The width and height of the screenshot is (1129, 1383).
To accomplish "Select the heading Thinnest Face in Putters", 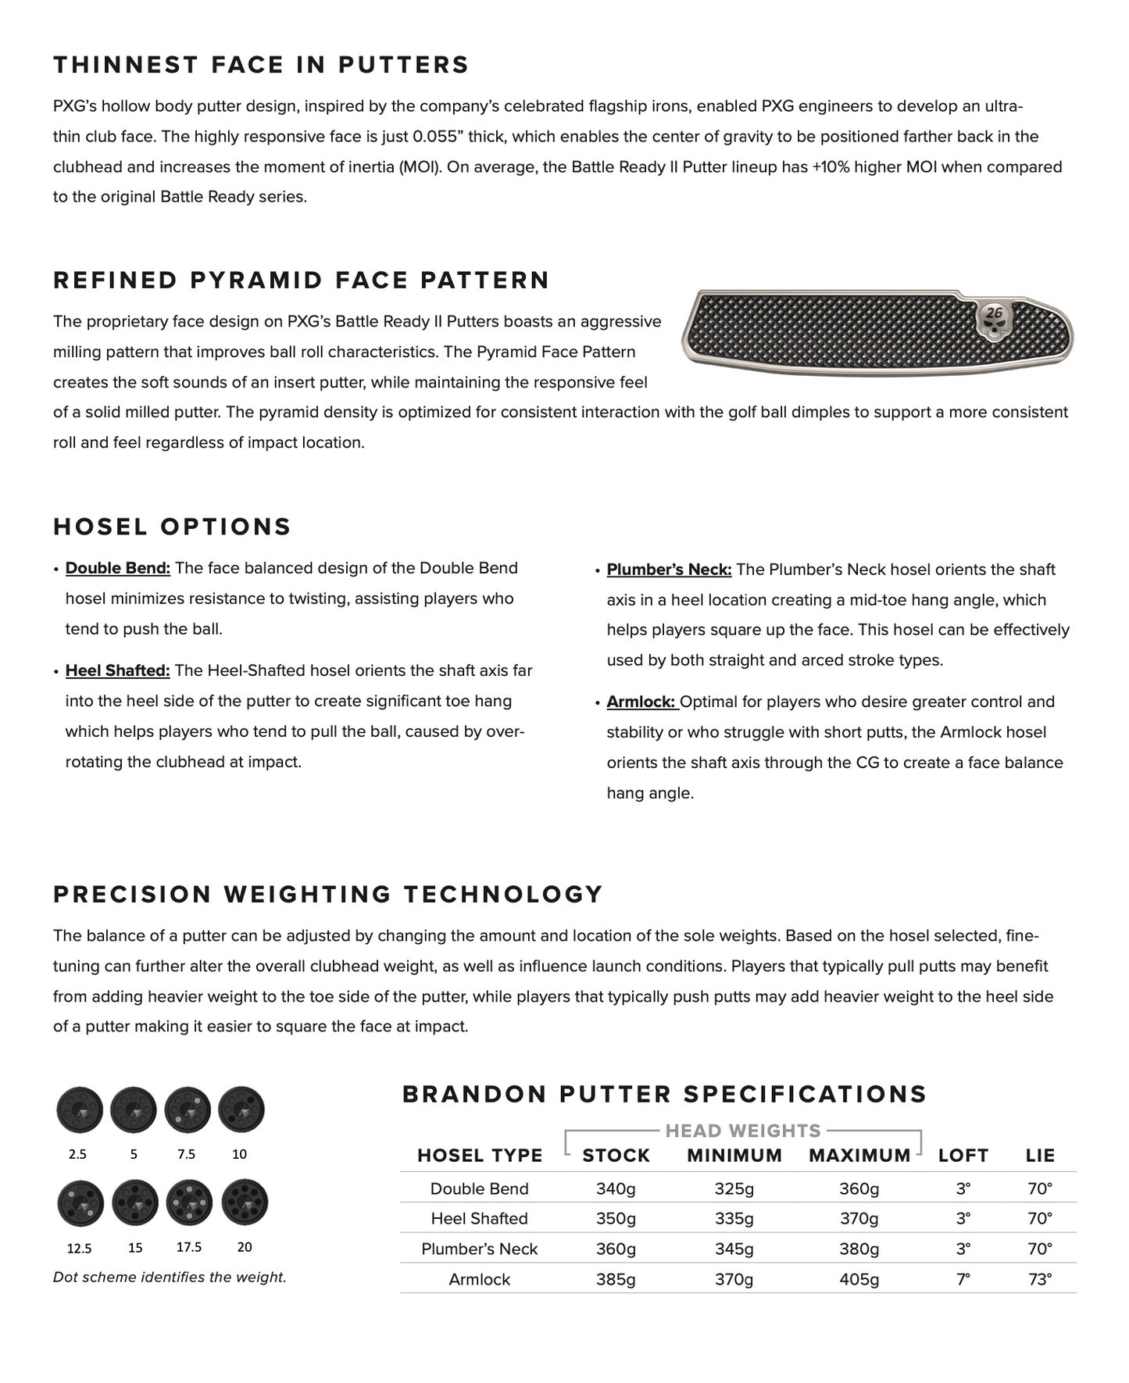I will [261, 65].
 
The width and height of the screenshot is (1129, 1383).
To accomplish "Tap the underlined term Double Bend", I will [118, 568].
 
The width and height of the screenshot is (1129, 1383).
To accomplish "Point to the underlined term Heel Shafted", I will [118, 670].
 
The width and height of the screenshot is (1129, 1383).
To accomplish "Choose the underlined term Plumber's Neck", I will [669, 570].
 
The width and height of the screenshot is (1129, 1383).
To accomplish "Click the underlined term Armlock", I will [641, 702].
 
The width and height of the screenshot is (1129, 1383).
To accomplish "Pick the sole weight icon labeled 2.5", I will [80, 1109].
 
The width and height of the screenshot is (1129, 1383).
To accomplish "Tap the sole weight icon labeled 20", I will [245, 1203].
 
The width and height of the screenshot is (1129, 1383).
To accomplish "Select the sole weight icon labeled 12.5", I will [80, 1203].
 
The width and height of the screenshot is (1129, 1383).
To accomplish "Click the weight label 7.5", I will [186, 1154].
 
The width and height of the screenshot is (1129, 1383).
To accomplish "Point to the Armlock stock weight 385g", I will [616, 1279].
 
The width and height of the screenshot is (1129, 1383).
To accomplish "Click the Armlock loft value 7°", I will [963, 1279].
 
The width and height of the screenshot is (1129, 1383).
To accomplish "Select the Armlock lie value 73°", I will [1039, 1279].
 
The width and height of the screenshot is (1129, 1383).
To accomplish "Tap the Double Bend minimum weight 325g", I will [734, 1188].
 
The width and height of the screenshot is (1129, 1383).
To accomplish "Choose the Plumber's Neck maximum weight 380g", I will [859, 1249].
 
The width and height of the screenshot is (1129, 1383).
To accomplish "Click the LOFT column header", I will [963, 1156].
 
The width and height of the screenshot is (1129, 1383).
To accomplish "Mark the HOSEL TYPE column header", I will [480, 1156].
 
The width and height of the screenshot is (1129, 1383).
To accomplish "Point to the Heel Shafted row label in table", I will [480, 1218].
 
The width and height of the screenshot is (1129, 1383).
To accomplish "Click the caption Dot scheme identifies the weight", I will [170, 1278].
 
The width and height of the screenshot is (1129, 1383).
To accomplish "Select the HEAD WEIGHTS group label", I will [742, 1131].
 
